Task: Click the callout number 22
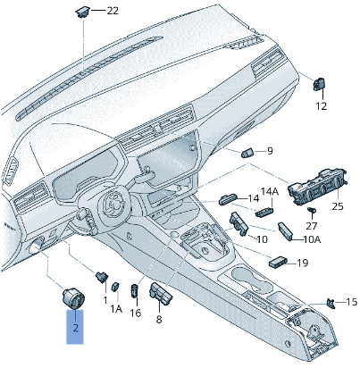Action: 112,11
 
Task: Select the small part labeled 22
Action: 82,12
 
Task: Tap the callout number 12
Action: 321,105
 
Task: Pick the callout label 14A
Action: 269,192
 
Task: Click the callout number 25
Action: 337,206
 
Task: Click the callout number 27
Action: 312,227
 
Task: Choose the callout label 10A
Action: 312,239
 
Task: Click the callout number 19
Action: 303,263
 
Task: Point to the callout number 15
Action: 350,302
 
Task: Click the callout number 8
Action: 159,318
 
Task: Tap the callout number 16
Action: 136,313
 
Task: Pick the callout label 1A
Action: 116,309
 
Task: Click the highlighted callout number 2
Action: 76,328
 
